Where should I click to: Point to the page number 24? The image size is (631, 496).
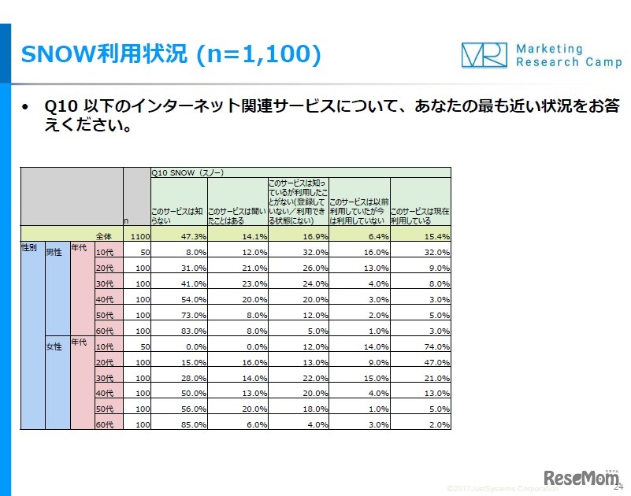pyautogui.click(x=617, y=487)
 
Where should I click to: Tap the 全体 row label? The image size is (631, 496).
pyautogui.click(x=104, y=235)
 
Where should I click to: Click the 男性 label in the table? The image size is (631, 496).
pyautogui.click(x=54, y=253)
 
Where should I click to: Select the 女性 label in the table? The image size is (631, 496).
pyautogui.click(x=54, y=347)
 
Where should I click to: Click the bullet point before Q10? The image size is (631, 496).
pyautogui.click(x=28, y=107)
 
